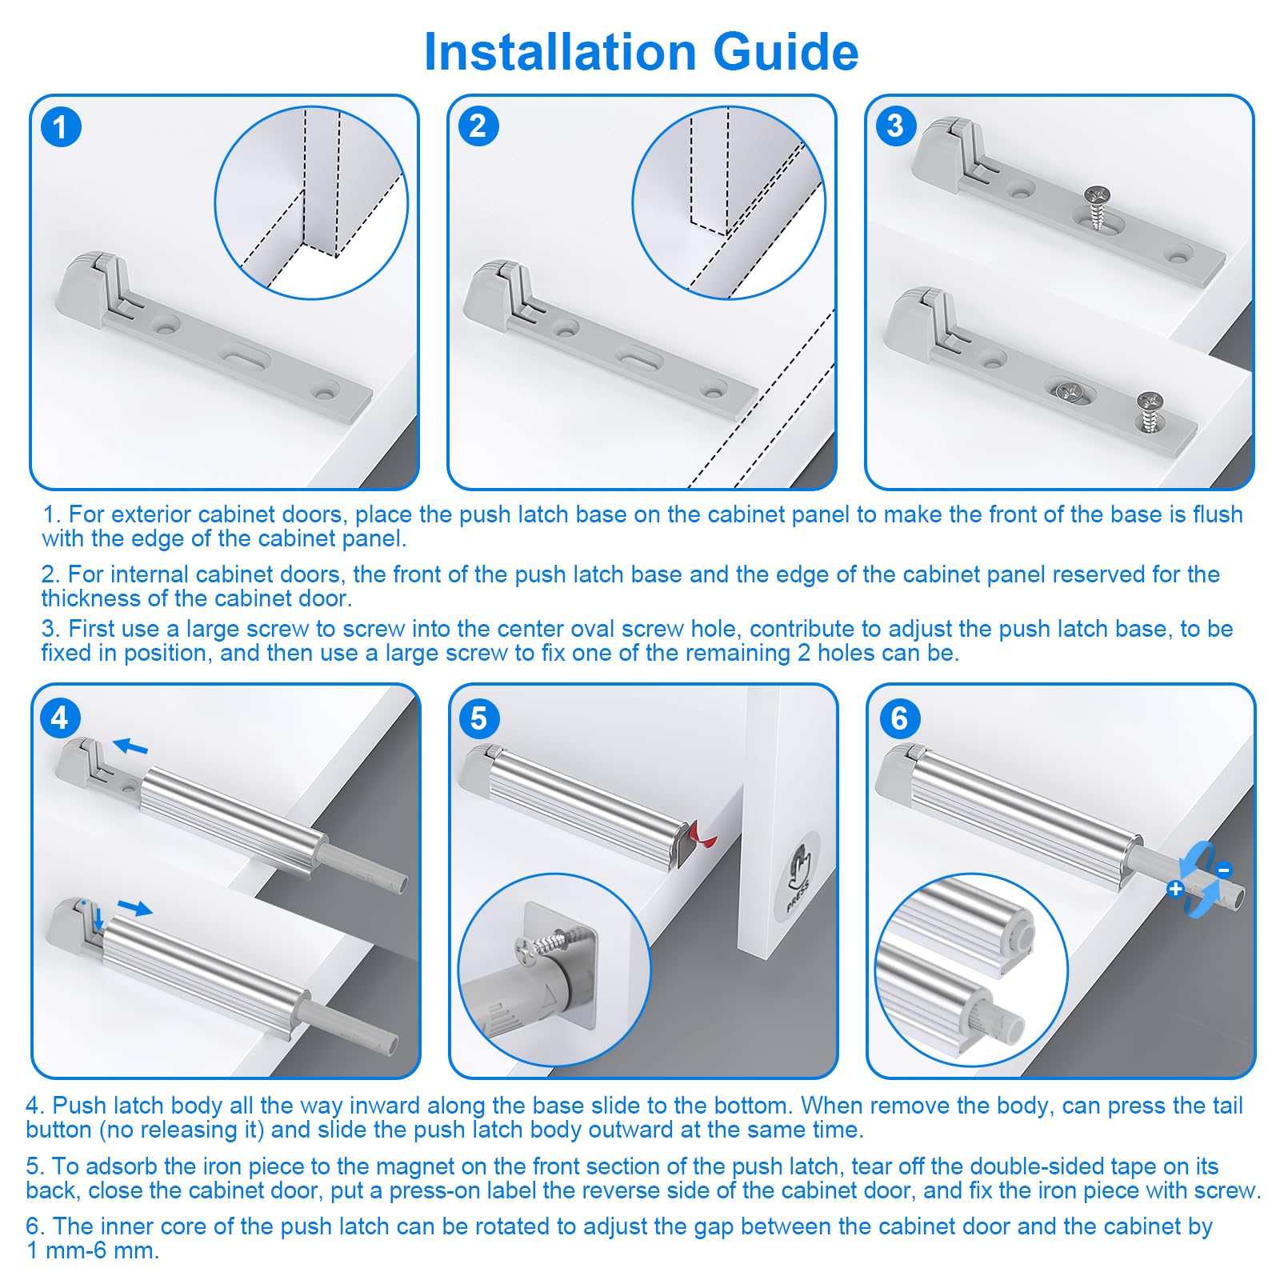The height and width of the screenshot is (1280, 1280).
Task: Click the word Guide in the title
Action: pos(786,52)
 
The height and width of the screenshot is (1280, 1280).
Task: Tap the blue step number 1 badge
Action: pos(61,127)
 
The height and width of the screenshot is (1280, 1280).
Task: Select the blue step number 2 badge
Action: pos(478,126)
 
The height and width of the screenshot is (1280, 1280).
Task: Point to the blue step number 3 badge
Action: pos(896,126)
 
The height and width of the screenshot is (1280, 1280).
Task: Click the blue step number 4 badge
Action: pos(60,718)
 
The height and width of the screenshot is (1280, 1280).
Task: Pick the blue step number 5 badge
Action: pos(479,718)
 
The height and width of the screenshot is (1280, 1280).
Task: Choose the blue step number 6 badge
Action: pos(899,718)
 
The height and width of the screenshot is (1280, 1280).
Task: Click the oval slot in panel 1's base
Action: pos(243,356)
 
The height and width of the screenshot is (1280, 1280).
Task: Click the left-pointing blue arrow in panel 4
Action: pos(130,746)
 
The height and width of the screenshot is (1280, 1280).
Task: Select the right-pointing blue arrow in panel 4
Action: pos(134,907)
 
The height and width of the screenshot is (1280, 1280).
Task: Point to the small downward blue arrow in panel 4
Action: pos(98,919)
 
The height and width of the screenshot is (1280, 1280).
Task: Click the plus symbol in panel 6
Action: pos(1175,889)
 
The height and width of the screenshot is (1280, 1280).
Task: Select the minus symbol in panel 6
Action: pos(1223,870)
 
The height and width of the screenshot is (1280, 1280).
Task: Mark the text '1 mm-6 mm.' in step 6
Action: pos(93,1250)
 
